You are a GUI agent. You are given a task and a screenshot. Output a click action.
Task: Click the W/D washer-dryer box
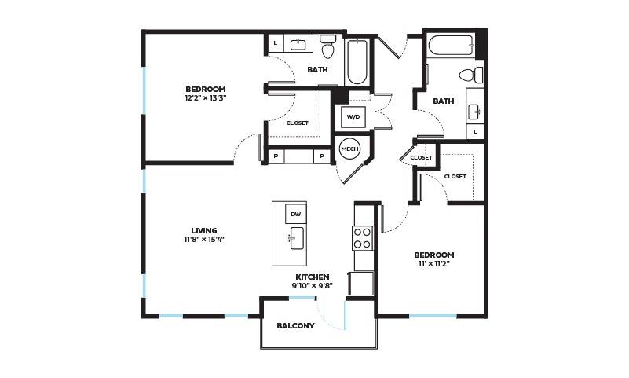[353, 116]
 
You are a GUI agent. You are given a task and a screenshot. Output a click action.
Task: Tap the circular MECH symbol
[349, 149]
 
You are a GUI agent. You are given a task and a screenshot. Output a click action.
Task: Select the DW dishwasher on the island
[296, 214]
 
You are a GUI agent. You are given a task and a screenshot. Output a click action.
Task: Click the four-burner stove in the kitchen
[363, 238]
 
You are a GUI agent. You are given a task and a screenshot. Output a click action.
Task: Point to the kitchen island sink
[297, 238]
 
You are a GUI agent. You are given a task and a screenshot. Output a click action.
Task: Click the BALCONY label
[295, 326]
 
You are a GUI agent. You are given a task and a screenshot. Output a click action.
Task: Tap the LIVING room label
[204, 231]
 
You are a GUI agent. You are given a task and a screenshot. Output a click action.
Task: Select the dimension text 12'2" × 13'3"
[206, 97]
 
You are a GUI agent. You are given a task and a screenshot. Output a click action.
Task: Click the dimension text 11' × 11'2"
[434, 263]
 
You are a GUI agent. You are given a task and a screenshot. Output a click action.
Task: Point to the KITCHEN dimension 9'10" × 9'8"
[312, 286]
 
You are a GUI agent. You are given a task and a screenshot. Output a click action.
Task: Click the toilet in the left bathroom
[327, 46]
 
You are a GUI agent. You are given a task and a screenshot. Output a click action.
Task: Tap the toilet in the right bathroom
[471, 75]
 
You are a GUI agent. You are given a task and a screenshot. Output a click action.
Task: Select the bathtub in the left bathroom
[356, 61]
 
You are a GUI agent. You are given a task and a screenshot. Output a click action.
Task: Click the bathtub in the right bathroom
[452, 46]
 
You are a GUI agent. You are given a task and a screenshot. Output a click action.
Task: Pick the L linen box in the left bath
[275, 43]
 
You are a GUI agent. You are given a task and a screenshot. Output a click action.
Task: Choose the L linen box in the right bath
[475, 131]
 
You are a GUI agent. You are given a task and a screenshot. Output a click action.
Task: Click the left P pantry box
[276, 156]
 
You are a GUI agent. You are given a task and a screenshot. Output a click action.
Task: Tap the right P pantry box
[322, 156]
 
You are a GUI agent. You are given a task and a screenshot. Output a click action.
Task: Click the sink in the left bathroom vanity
[298, 44]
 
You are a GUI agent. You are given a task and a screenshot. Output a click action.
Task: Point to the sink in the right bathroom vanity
[474, 112]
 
